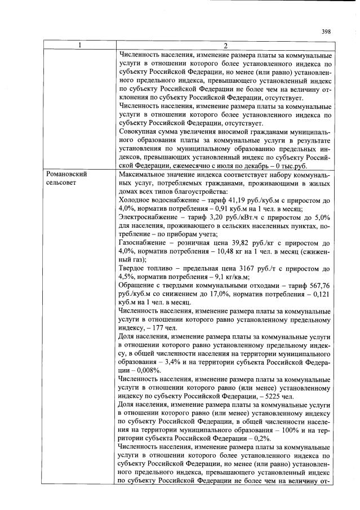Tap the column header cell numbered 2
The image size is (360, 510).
click(x=225, y=46)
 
